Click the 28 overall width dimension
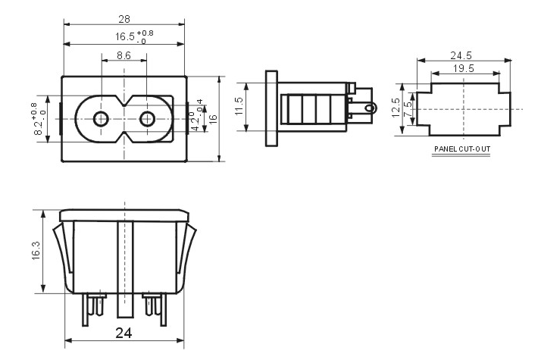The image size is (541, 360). pyautogui.click(x=124, y=18)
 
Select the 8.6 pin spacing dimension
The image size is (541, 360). pyautogui.click(x=124, y=55)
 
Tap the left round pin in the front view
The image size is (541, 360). pyautogui.click(x=100, y=119)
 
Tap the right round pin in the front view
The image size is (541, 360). pyautogui.click(x=148, y=119)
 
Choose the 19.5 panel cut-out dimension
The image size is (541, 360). pyautogui.click(x=464, y=68)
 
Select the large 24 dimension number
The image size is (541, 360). pyautogui.click(x=124, y=332)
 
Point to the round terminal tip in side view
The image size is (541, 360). pyautogui.click(x=369, y=108)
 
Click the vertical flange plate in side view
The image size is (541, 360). pyautogui.click(x=271, y=109)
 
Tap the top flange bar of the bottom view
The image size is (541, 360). pyautogui.click(x=124, y=214)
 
